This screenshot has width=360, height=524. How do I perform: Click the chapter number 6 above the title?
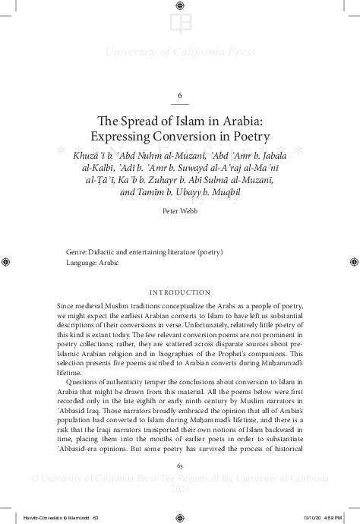[x=180, y=95]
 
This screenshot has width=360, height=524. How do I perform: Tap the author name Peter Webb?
[x=179, y=212]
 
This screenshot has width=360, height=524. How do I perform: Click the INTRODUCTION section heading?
[x=180, y=292]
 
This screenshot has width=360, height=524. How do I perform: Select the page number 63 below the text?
[x=180, y=465]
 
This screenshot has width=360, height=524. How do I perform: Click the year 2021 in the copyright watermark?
[x=180, y=491]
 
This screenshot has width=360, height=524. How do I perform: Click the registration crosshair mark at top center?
[x=180, y=6]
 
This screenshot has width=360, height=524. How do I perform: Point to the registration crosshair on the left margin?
[x=6, y=262]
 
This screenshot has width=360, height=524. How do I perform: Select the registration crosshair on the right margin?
[x=354, y=262]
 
